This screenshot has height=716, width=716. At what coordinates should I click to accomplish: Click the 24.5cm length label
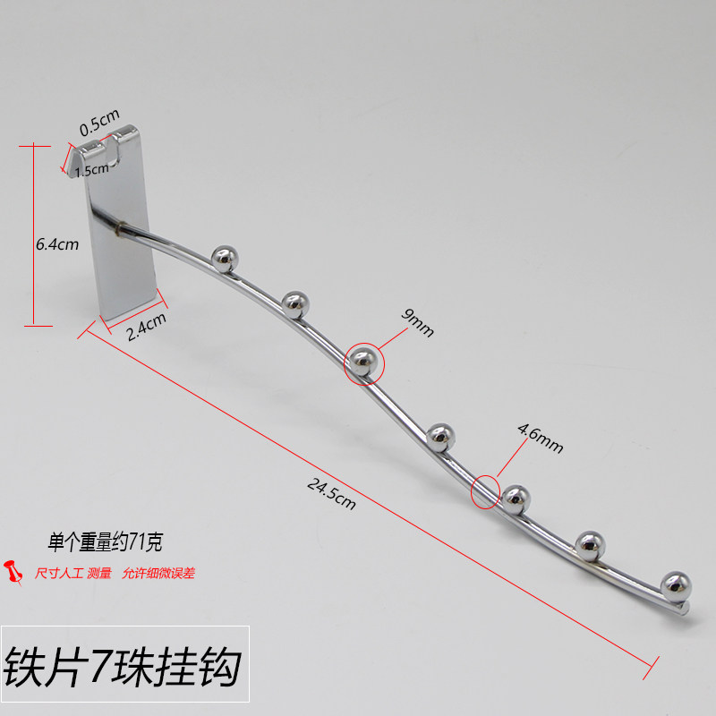coord(331,493)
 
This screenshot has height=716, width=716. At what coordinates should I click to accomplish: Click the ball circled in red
coord(363,362)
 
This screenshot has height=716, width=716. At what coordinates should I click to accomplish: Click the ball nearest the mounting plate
coord(224,260)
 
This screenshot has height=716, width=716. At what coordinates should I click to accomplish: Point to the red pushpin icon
coord(15,571)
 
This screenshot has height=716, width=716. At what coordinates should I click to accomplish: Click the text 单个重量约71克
coord(105,541)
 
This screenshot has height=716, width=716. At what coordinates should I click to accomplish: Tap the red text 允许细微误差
coord(158,573)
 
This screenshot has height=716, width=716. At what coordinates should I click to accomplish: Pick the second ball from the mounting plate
coord(294,304)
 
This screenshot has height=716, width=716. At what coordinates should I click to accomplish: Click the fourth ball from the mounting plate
coord(439,437)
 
